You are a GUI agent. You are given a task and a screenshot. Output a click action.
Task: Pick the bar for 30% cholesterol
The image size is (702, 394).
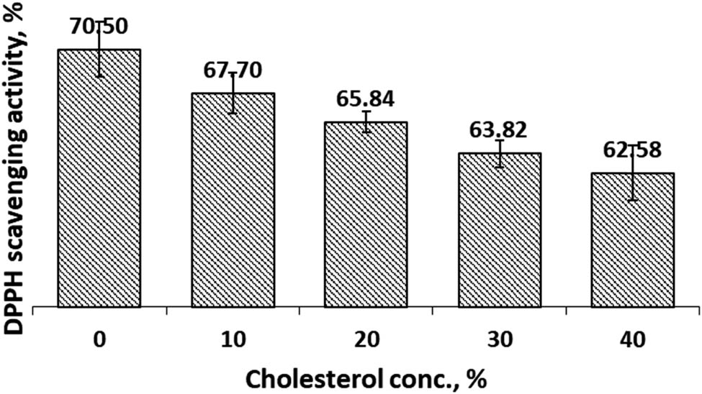click(499, 229)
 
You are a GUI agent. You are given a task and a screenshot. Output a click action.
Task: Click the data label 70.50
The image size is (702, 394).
click(99, 27)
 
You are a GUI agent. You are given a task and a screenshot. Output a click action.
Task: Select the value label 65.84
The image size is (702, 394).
click(366, 98)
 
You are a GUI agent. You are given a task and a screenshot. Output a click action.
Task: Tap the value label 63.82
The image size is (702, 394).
click(499, 129)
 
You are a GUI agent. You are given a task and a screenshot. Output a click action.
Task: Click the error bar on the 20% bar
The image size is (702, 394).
click(366, 122)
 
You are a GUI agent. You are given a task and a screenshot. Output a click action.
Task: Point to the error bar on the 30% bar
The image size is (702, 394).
click(499, 153)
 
